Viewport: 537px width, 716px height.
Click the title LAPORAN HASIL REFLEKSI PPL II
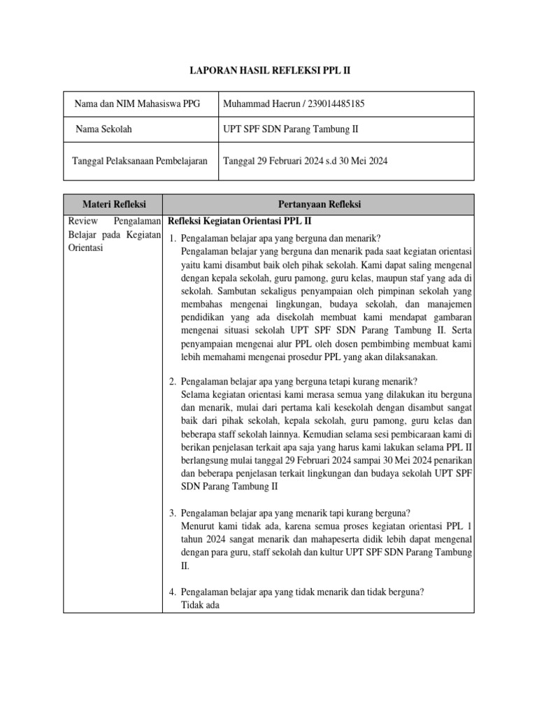pyautogui.click(x=268, y=71)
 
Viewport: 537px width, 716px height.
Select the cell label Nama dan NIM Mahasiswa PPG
pyautogui.click(x=136, y=104)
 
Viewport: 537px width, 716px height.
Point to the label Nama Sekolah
pyautogui.click(x=103, y=129)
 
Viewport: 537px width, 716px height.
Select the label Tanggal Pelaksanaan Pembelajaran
pyautogui.click(x=140, y=161)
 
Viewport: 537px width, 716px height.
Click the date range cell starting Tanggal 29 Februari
pyautogui.click(x=305, y=161)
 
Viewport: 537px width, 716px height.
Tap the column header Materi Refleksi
pyautogui.click(x=114, y=204)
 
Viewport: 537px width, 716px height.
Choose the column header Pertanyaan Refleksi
pyautogui.click(x=319, y=204)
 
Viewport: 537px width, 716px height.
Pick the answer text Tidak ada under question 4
pyautogui.click(x=200, y=605)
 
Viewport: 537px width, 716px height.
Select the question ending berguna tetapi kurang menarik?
pyautogui.click(x=299, y=381)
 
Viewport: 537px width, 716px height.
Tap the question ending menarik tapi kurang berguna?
pyautogui.click(x=295, y=511)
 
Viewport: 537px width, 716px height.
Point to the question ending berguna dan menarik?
pyautogui.click(x=285, y=238)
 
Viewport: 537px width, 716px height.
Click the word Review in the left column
pyautogui.click(x=83, y=221)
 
